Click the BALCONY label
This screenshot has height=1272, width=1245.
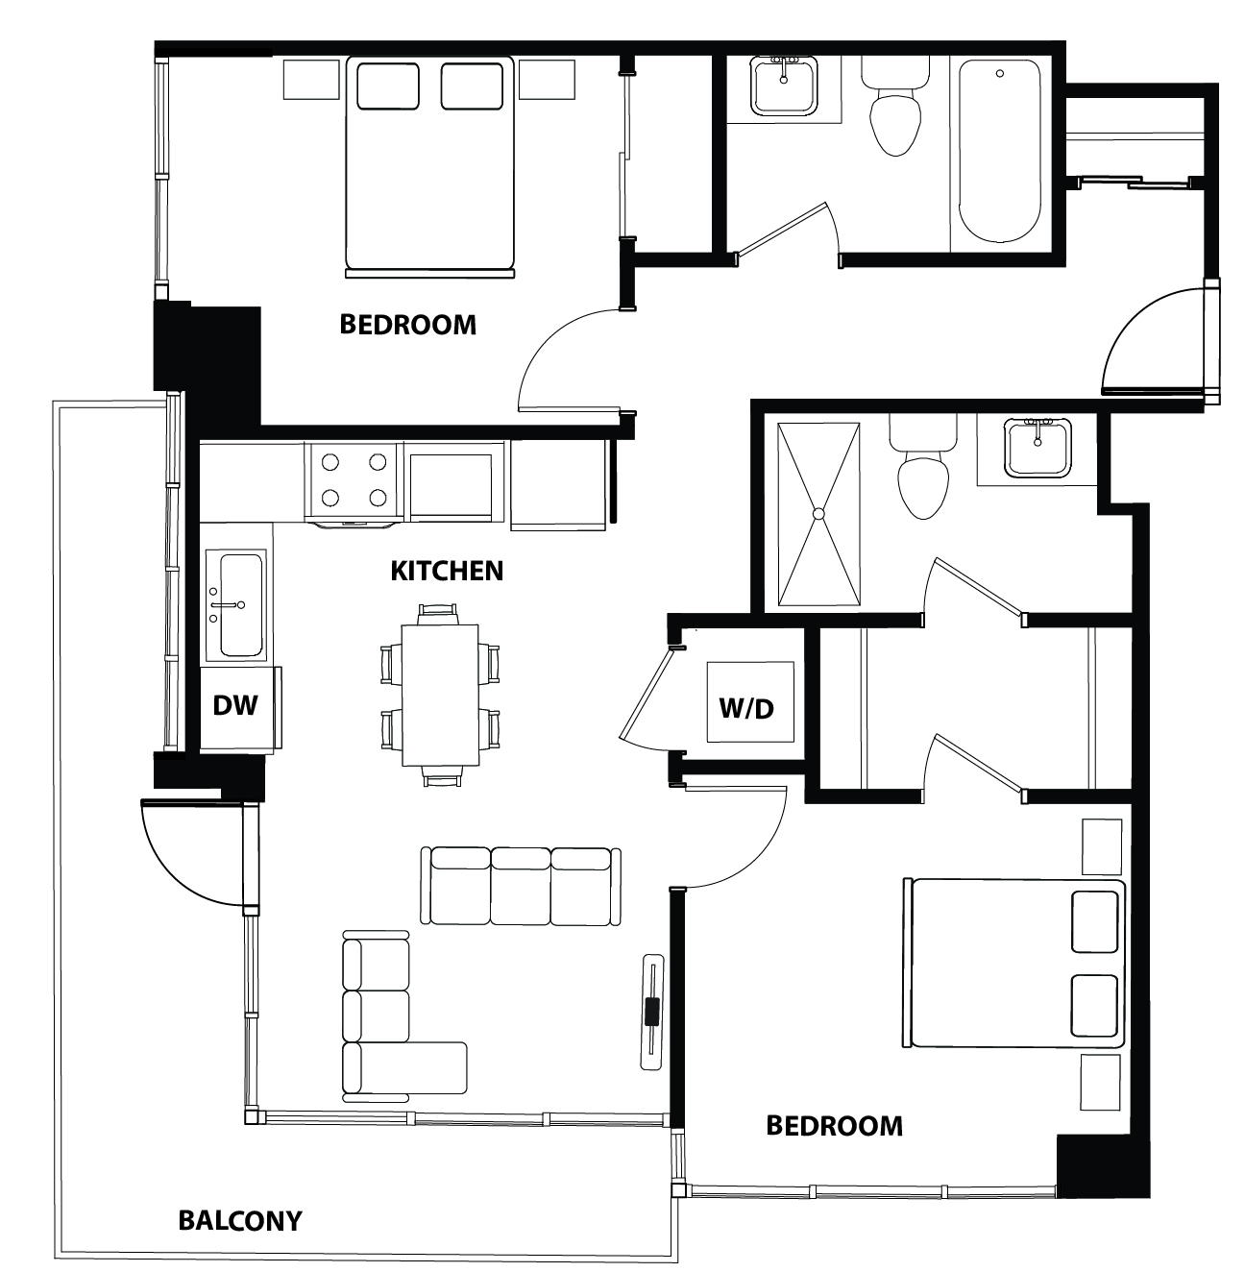tap(240, 1220)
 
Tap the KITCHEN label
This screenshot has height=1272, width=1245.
tap(447, 571)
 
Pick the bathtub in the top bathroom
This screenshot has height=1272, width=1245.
tap(999, 152)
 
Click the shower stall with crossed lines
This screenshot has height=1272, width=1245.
tap(818, 514)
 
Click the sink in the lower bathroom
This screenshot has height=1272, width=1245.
tap(1037, 447)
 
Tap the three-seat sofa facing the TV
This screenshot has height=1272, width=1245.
tap(521, 886)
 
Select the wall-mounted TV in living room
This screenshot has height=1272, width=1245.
tap(653, 1012)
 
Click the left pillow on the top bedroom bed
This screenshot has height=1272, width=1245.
tap(388, 86)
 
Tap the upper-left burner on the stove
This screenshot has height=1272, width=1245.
tap(330, 463)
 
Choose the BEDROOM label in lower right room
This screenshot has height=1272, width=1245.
tap(834, 1125)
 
